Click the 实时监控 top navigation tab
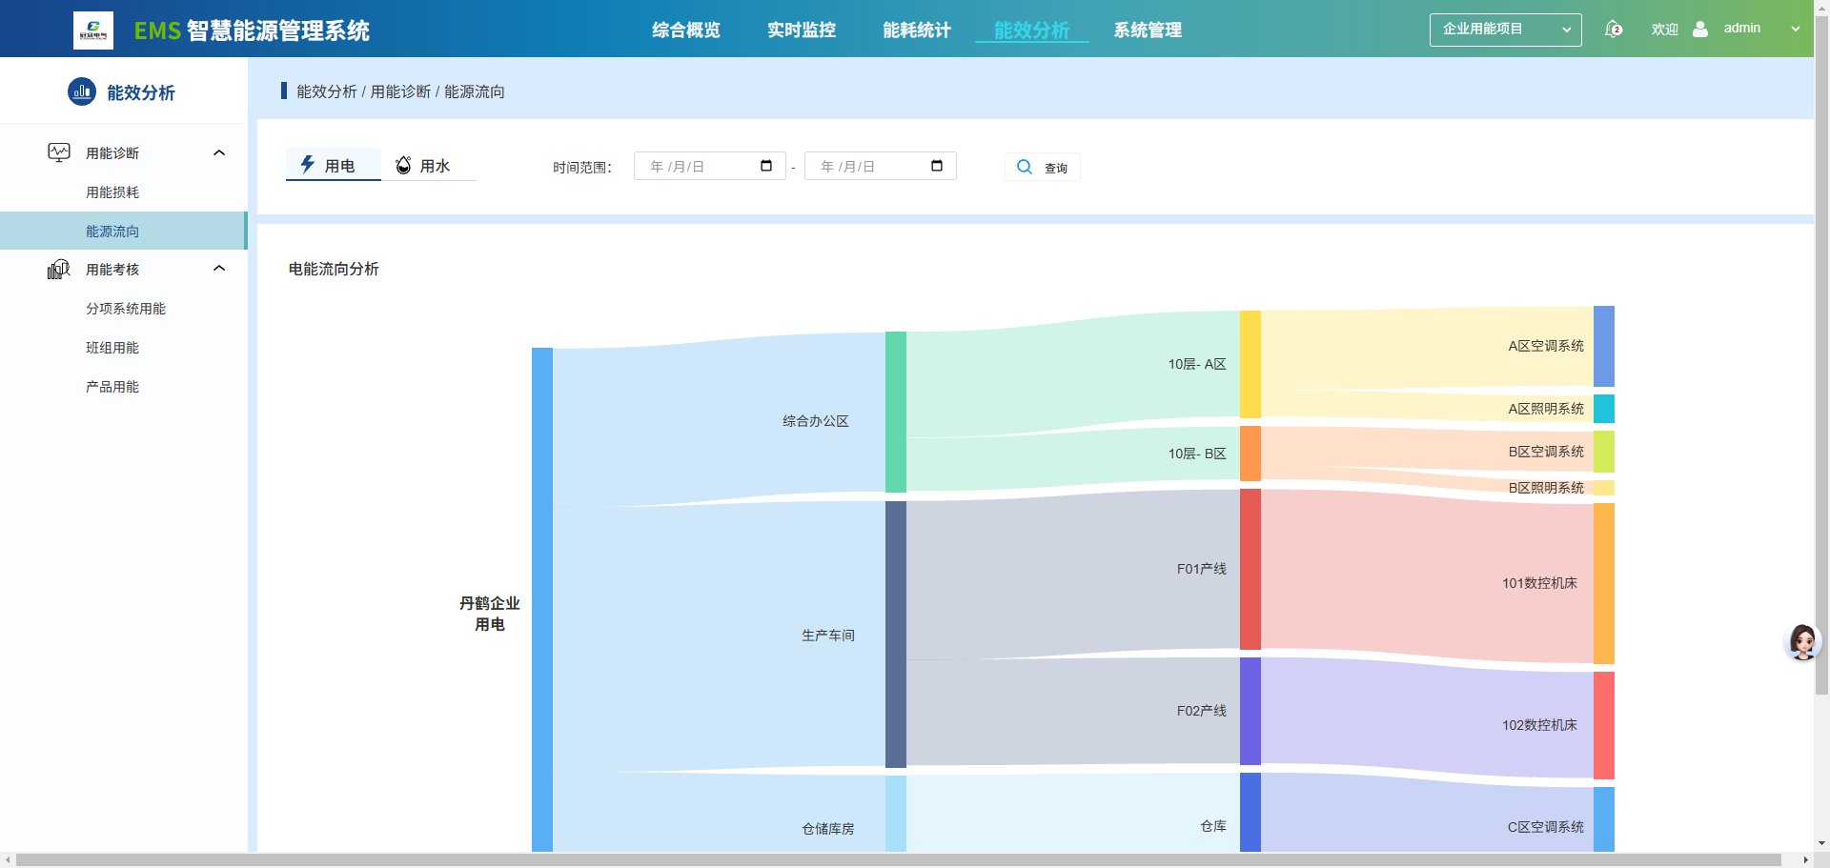point(802,30)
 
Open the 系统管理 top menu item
point(1148,30)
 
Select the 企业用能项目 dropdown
point(1505,30)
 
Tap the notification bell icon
point(1613,30)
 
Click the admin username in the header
point(1741,29)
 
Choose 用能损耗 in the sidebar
point(112,192)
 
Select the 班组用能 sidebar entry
point(112,348)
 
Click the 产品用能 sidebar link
point(112,387)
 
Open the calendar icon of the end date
point(937,166)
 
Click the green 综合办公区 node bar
point(896,412)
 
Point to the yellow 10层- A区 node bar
point(1250,364)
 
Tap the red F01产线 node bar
point(1250,569)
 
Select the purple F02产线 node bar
point(1250,711)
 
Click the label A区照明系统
point(1546,409)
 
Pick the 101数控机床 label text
point(1539,583)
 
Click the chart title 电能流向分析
point(334,270)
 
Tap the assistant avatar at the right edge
point(1802,642)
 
